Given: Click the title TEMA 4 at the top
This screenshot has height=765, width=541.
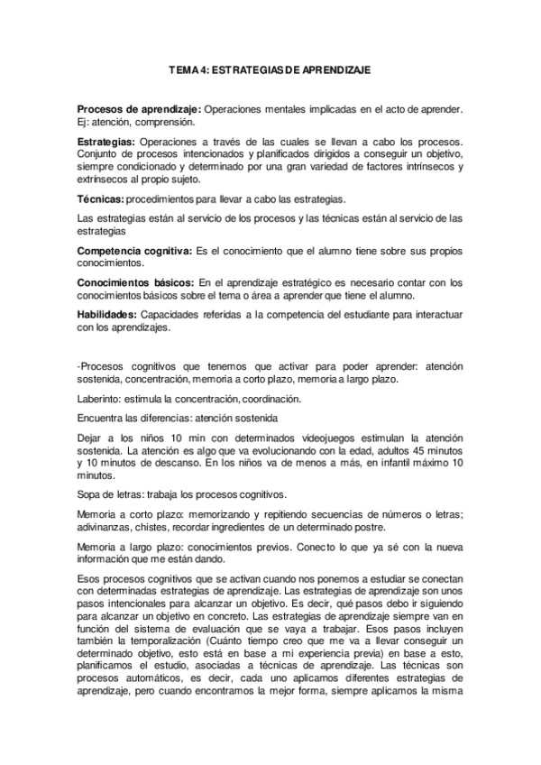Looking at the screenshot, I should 270,69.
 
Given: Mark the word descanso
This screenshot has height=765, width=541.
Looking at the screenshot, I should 152,463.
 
